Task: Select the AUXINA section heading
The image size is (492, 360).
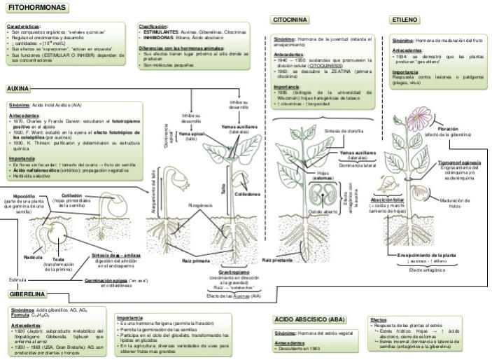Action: [x=18, y=90]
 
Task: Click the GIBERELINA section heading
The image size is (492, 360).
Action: [x=26, y=295]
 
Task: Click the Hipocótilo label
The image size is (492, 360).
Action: [x=24, y=197]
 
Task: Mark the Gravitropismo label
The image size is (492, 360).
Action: [x=234, y=271]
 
